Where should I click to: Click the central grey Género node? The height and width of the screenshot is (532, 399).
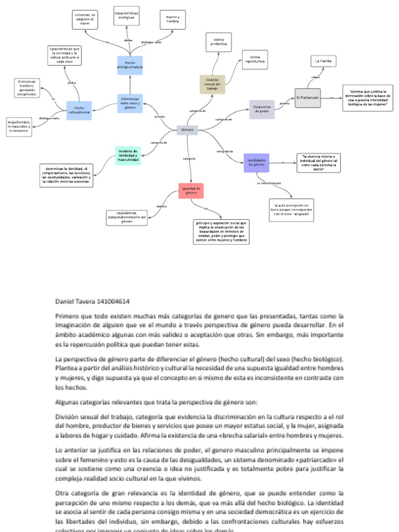tap(187, 129)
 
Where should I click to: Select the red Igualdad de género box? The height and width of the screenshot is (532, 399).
tap(191, 191)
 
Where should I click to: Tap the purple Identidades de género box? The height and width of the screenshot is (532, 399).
tap(256, 163)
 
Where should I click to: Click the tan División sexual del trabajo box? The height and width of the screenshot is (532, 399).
tap(212, 84)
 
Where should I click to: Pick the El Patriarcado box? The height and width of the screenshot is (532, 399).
tap(307, 98)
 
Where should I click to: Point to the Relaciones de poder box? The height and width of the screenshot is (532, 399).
tap(261, 109)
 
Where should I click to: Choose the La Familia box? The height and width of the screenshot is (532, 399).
tap(323, 61)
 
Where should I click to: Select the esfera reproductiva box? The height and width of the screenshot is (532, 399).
tap(255, 59)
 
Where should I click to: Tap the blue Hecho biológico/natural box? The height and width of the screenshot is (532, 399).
tap(130, 65)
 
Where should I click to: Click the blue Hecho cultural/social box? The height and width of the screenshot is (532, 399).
tap(79, 111)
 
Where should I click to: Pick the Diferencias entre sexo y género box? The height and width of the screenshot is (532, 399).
tap(130, 103)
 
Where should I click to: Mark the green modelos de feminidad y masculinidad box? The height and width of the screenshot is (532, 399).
tap(128, 155)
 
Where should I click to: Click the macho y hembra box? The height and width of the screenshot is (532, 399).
tap(172, 20)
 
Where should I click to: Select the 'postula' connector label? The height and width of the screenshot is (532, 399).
tap(160, 116)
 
